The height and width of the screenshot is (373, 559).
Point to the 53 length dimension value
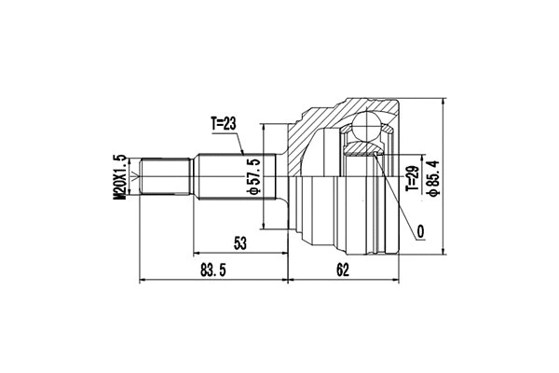click(240, 243)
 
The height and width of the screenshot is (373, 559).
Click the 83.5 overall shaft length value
click(214, 271)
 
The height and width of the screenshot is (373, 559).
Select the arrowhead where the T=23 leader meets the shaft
click(244, 153)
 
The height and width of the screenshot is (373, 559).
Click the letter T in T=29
click(410, 192)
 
